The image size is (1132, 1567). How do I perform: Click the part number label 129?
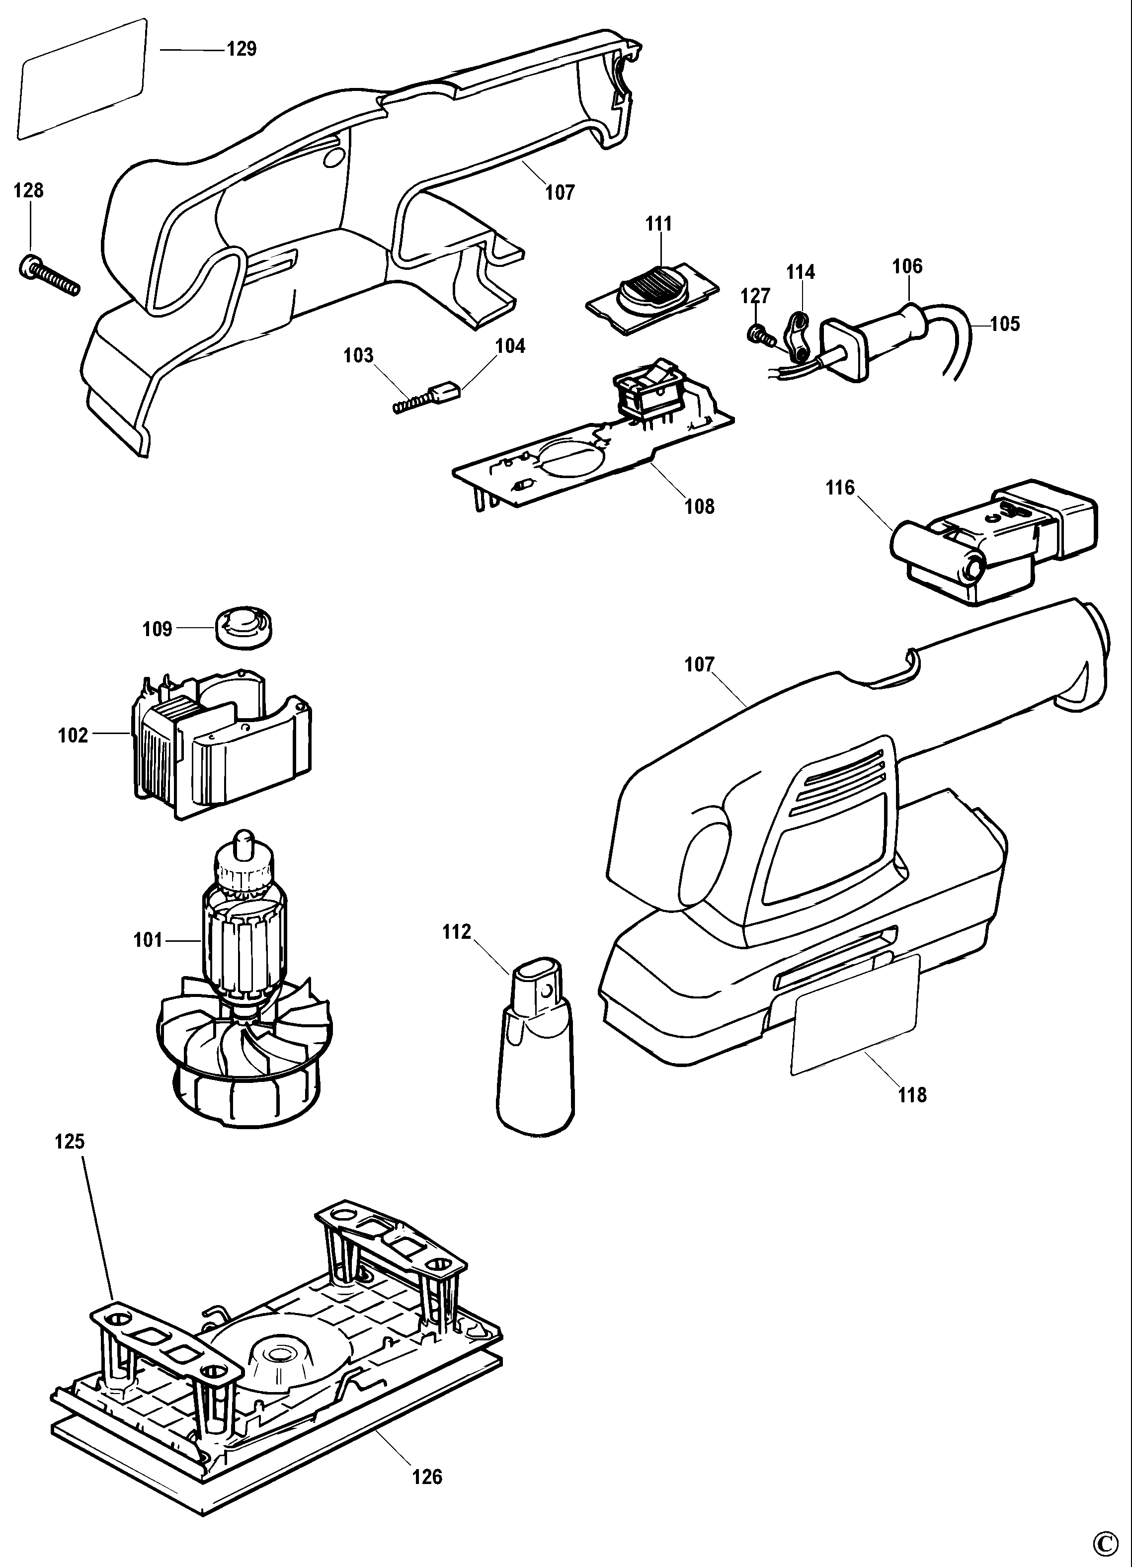[242, 50]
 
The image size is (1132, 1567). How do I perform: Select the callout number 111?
[658, 224]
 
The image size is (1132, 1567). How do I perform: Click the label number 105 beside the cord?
[1005, 324]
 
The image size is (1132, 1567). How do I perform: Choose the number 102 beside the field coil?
[73, 735]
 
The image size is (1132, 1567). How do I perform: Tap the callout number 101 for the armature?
[148, 940]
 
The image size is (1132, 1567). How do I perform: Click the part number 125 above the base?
[70, 1142]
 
